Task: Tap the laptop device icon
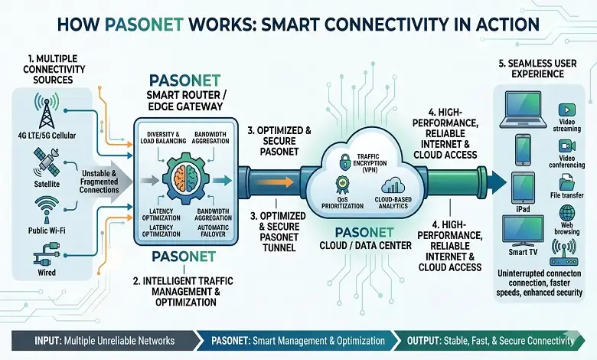[x=522, y=111]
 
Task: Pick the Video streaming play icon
[x=568, y=110]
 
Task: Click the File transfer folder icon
[x=568, y=182]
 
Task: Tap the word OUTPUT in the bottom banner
[x=417, y=340]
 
